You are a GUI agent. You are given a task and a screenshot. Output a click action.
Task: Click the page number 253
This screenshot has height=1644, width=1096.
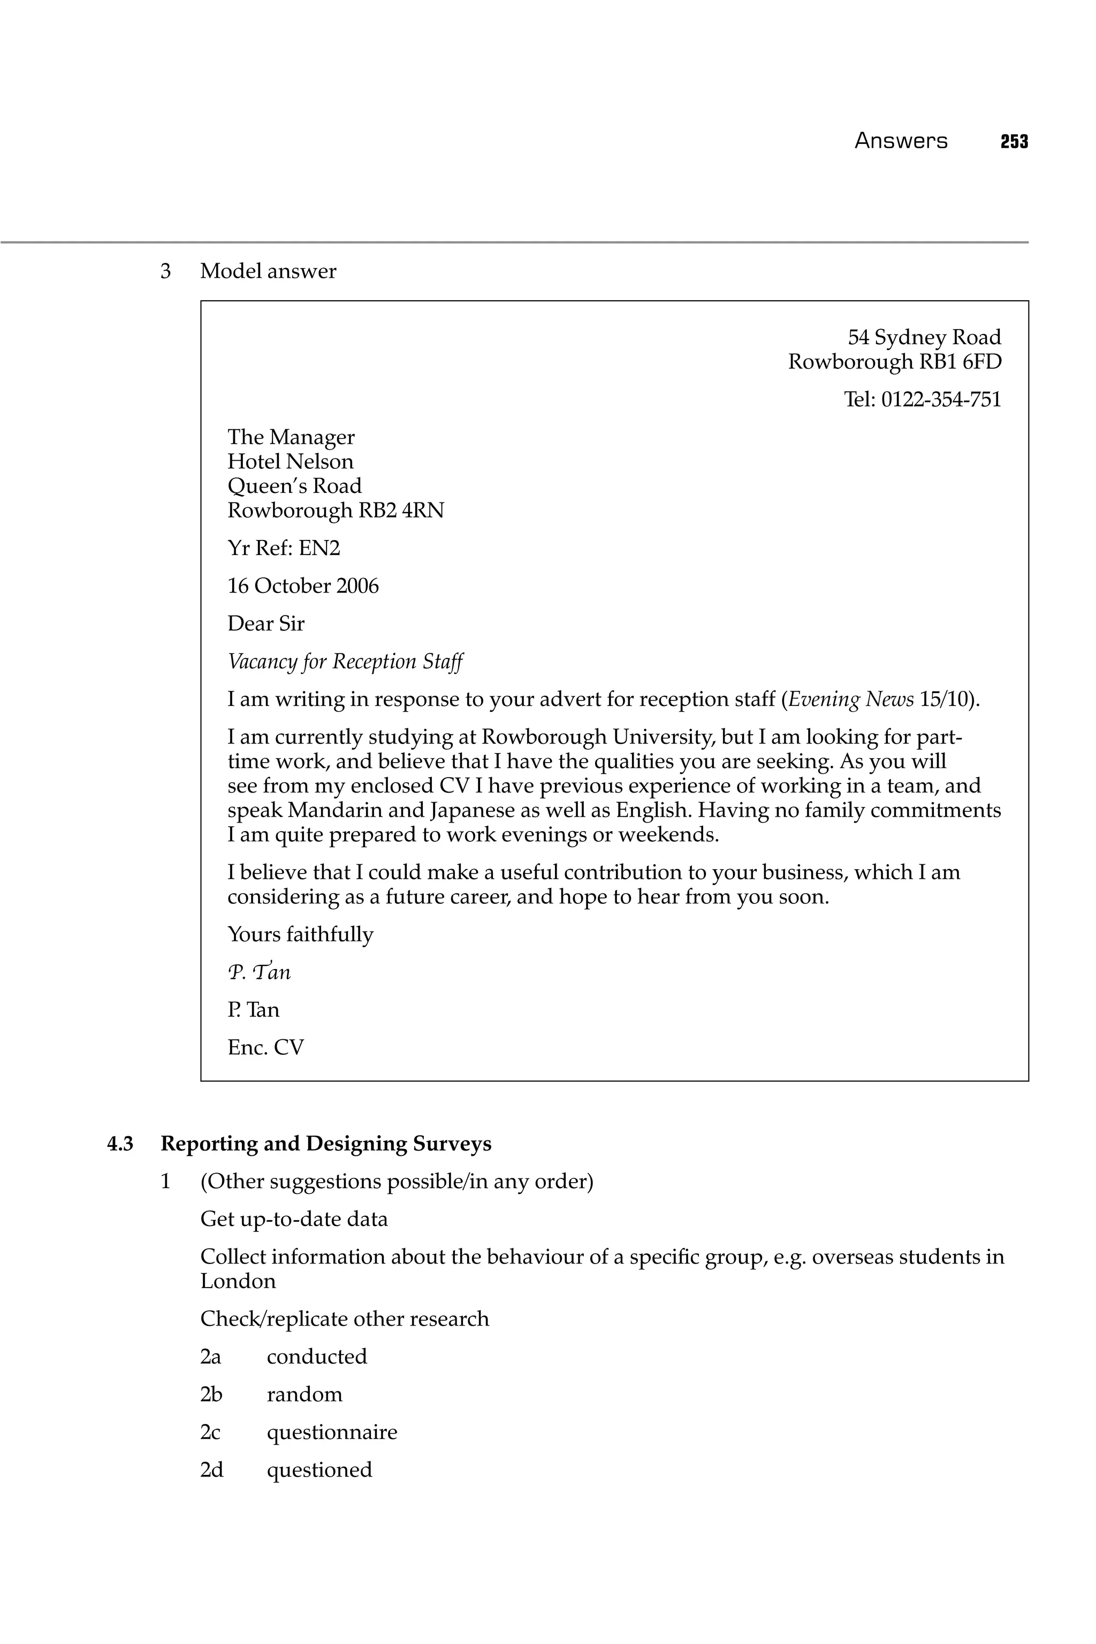click(1014, 142)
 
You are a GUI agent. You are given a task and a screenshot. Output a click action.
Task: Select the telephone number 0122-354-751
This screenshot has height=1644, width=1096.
click(941, 400)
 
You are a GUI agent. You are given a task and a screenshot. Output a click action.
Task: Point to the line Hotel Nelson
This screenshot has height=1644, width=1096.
click(290, 461)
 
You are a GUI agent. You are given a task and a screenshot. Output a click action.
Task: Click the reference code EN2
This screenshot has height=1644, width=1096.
click(319, 548)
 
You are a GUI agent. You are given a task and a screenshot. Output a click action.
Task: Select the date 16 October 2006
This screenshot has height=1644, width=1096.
click(303, 586)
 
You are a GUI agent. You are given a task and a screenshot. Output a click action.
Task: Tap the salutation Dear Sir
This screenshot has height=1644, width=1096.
click(265, 623)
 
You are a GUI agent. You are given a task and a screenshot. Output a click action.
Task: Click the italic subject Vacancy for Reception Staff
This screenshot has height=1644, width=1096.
click(345, 661)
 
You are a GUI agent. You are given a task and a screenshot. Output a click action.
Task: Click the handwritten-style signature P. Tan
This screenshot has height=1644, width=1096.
click(258, 972)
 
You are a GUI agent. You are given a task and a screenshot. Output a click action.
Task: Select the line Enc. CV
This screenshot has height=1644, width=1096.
click(265, 1047)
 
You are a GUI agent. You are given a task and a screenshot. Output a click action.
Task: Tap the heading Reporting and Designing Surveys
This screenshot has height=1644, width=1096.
click(326, 1144)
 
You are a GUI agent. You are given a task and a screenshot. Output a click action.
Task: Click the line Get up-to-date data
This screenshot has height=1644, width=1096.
click(294, 1219)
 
